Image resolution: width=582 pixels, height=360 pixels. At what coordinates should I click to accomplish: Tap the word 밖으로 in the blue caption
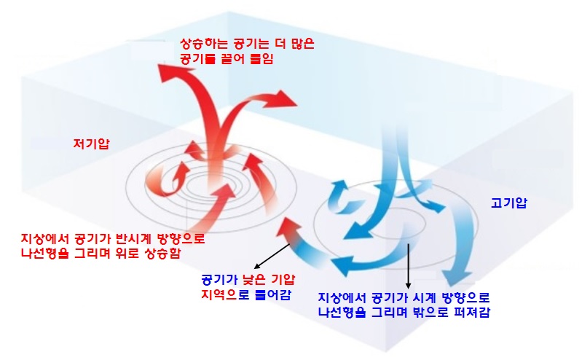[x=435, y=313]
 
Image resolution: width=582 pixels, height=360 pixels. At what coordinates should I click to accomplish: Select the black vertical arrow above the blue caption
[x=408, y=266]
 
